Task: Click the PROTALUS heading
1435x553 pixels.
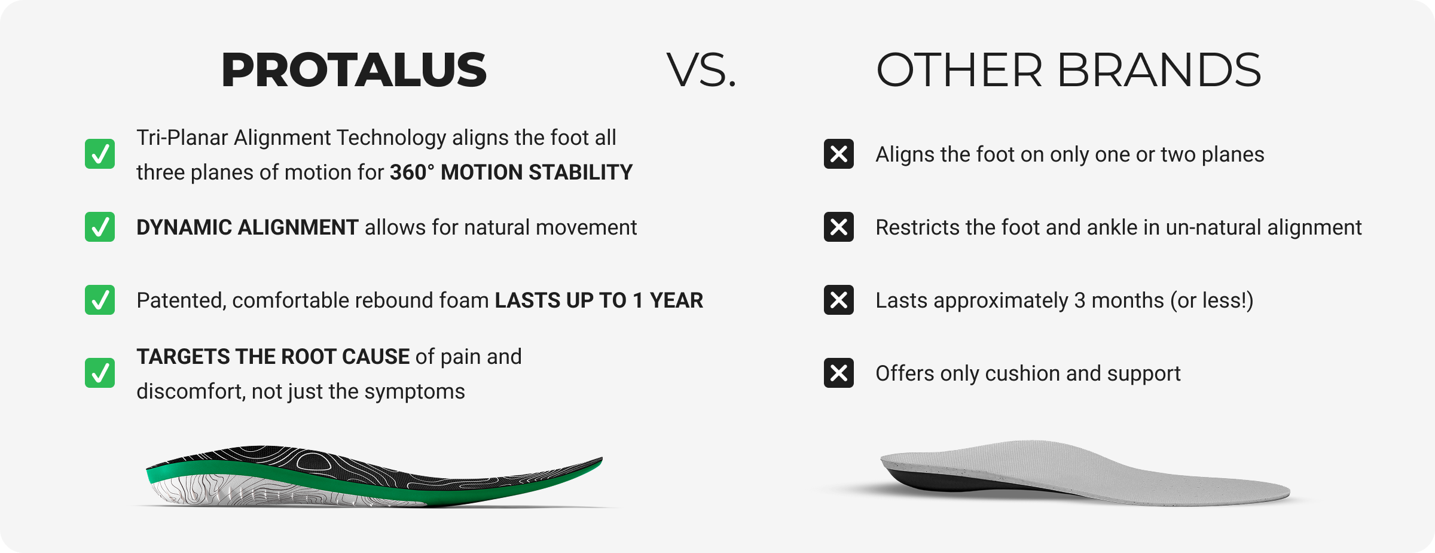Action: point(354,70)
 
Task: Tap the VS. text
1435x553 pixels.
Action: point(701,70)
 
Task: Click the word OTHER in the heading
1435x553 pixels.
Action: point(959,70)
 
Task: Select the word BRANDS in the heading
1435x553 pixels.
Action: point(1159,70)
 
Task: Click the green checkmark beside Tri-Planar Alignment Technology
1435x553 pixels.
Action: point(100,154)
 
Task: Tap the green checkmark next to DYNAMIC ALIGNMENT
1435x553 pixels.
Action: point(100,227)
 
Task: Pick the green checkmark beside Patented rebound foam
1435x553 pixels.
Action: point(100,300)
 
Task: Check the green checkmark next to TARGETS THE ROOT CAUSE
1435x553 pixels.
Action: point(100,373)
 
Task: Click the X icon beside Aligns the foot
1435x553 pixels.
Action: point(839,154)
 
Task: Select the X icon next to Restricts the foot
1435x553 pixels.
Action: point(839,227)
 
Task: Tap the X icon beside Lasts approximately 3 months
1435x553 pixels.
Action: point(839,300)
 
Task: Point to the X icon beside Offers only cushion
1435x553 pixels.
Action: point(839,373)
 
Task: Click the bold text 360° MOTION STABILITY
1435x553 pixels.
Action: point(511,172)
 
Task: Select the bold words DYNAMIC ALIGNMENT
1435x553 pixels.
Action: point(247,227)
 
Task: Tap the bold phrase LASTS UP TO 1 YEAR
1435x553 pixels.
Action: point(599,300)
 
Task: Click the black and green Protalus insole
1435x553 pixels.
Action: point(374,476)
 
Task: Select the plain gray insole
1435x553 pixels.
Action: point(1085,473)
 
